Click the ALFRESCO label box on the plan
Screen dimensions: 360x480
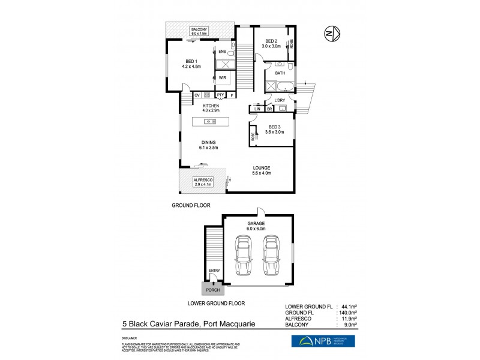coord(203,182)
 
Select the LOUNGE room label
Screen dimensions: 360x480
coord(262,170)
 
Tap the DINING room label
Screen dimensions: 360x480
coord(209,145)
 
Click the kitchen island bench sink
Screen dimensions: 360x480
coord(210,121)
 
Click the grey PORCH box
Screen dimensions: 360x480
coord(214,290)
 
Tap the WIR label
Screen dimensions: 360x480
coord(222,77)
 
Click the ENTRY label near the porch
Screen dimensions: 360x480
coord(214,271)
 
